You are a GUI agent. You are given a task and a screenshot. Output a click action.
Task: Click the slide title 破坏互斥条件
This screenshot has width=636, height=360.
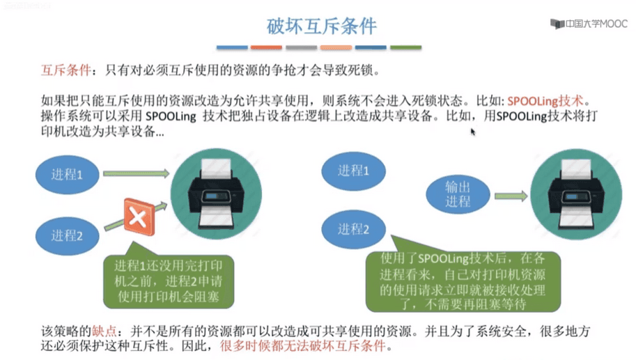pyautogui.click(x=322, y=26)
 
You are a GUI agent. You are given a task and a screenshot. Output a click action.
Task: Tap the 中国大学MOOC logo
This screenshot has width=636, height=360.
pyautogui.click(x=589, y=24)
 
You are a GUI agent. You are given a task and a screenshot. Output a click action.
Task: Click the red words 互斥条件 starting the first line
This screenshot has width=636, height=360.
pyautogui.click(x=65, y=70)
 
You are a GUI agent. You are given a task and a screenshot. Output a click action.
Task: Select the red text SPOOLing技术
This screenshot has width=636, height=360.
pyautogui.click(x=545, y=100)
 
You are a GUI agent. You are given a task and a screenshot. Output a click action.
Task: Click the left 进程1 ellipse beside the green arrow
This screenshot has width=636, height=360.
pyautogui.click(x=68, y=175)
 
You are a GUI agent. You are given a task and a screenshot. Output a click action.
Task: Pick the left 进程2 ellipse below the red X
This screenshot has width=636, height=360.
pyautogui.click(x=68, y=235)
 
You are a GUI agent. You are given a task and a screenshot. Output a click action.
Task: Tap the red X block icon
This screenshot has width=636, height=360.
pyautogui.click(x=139, y=217)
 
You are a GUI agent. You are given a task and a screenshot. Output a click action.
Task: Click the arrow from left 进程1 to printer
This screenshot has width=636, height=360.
pyautogui.click(x=137, y=173)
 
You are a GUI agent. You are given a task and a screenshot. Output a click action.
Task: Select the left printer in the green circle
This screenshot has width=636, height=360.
pyautogui.click(x=216, y=194)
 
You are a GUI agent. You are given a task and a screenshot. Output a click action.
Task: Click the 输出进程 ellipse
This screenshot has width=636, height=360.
pyautogui.click(x=458, y=194)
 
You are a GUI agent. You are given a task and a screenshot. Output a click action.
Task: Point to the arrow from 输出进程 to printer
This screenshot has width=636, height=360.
pyautogui.click(x=511, y=196)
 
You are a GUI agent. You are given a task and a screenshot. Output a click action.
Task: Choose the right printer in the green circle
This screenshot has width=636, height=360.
pyautogui.click(x=576, y=194)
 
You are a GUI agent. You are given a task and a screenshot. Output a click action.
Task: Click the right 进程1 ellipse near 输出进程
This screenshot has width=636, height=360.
pyautogui.click(x=353, y=171)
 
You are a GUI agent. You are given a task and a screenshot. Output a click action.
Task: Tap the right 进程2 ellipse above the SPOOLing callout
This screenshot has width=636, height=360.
pyautogui.click(x=353, y=230)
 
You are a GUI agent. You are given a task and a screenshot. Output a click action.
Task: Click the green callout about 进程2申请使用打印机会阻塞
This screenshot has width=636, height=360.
pyautogui.click(x=169, y=281)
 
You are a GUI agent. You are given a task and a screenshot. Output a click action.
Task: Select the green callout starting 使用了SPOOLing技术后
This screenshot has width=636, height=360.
pyautogui.click(x=463, y=281)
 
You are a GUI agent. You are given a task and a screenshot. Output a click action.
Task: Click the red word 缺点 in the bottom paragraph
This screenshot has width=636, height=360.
pyautogui.click(x=104, y=331)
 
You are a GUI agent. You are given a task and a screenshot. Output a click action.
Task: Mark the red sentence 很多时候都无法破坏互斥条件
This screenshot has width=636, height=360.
pyautogui.click(x=302, y=346)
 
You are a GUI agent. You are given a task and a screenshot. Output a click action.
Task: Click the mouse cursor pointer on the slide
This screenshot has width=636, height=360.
pyautogui.click(x=472, y=132)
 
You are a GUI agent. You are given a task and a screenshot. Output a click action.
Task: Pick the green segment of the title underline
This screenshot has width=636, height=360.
pyautogui.click(x=405, y=47)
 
